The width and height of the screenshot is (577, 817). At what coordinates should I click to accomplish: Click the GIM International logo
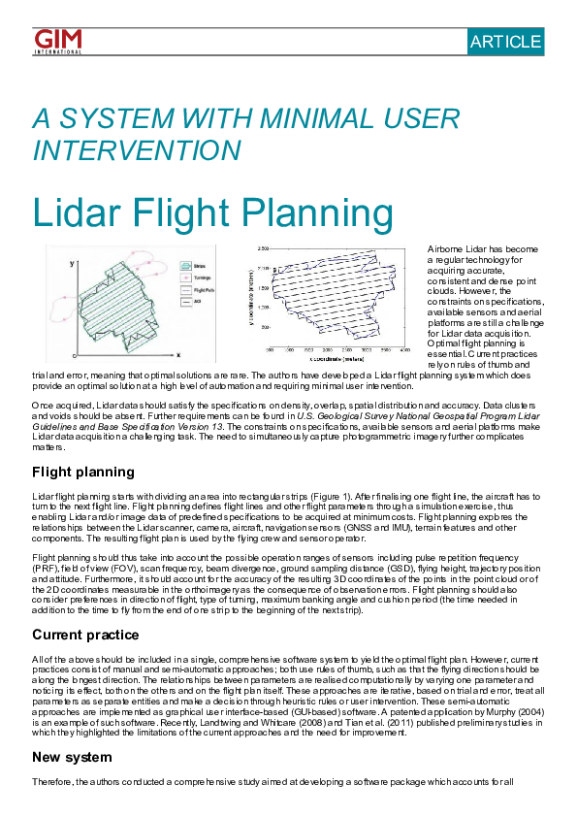(57, 41)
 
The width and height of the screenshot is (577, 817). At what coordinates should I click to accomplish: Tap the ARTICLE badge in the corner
(505, 41)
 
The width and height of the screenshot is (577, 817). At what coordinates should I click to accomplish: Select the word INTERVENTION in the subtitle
(137, 150)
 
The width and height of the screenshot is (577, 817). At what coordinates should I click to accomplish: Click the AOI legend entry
(196, 302)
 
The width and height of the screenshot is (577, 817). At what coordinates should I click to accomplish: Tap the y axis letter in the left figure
(71, 263)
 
